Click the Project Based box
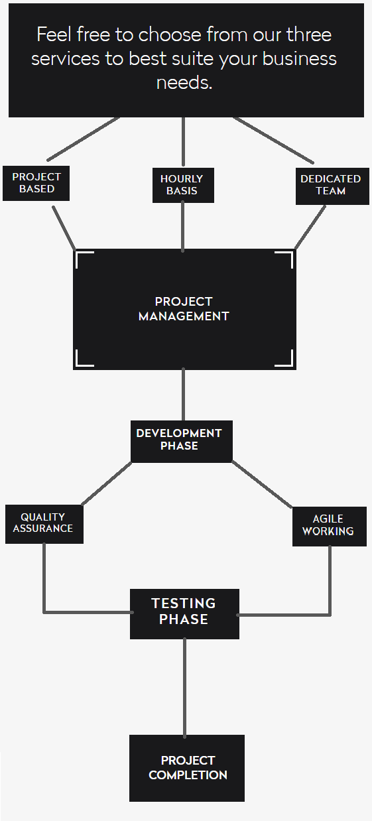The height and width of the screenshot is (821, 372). (x=36, y=183)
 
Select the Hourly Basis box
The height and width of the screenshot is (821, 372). (x=183, y=185)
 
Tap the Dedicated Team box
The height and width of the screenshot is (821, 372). (x=332, y=186)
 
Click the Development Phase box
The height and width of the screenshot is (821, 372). (x=182, y=441)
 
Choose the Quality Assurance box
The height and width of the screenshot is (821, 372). (x=44, y=524)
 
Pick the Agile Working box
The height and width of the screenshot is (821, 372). (x=330, y=527)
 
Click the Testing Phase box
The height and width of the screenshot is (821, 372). (x=185, y=614)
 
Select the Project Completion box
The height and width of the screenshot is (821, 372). (x=187, y=768)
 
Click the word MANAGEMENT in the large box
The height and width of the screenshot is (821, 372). (x=184, y=316)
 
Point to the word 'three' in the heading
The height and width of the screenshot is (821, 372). (x=309, y=35)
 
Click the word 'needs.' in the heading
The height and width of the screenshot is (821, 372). (x=184, y=82)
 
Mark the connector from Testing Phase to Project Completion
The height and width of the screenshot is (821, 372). (x=184, y=688)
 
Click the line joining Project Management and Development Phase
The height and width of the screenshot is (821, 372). (x=183, y=395)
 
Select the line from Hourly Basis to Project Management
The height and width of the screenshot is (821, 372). (x=183, y=227)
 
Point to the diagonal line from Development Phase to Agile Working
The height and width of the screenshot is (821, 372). (x=262, y=485)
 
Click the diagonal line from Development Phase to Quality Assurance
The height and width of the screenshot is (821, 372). (x=106, y=484)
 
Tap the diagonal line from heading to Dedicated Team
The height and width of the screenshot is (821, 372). (x=273, y=140)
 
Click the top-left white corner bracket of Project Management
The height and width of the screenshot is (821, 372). (x=84, y=259)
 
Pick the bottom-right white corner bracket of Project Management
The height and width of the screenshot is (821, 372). (x=284, y=357)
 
